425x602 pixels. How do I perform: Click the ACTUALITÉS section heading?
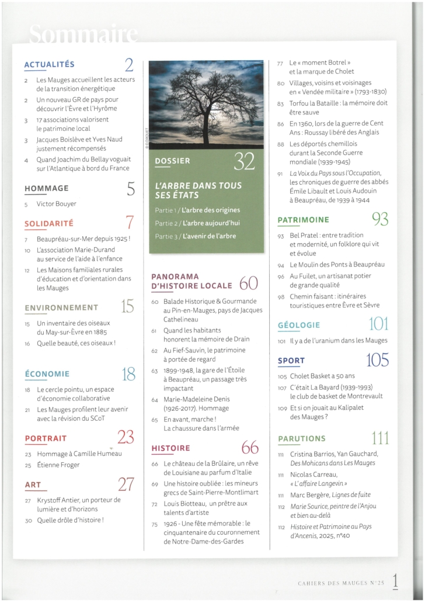[x=50, y=64]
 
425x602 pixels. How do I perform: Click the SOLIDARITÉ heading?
[x=48, y=223]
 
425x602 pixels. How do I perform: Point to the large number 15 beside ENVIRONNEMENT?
[x=128, y=306]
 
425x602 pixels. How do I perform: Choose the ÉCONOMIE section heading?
[x=47, y=373]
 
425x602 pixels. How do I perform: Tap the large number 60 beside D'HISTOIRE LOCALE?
[x=248, y=285]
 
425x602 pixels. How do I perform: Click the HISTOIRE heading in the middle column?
[x=170, y=448]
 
